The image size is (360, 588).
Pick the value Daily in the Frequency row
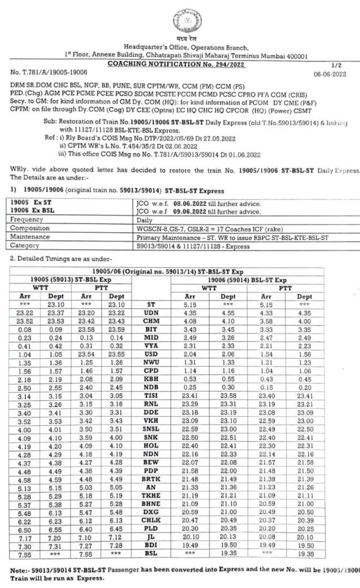141,218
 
